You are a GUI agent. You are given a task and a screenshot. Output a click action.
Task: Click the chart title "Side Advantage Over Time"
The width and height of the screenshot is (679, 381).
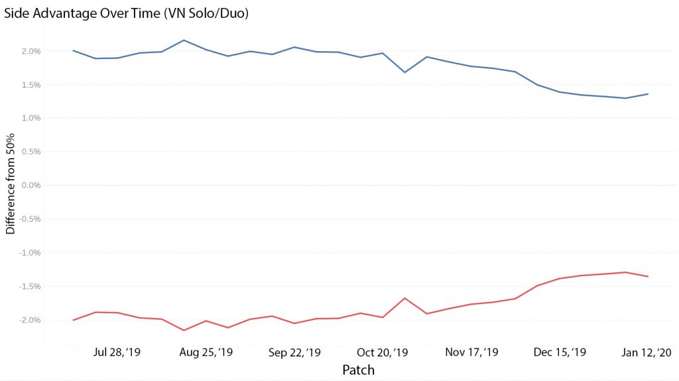point(82,13)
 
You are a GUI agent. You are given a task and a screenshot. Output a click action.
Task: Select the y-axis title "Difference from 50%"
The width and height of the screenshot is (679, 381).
point(11,184)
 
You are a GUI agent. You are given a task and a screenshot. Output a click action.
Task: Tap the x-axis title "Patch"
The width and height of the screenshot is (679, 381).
point(358,370)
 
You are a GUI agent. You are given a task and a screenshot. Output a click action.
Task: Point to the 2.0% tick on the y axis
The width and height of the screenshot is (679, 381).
point(31,51)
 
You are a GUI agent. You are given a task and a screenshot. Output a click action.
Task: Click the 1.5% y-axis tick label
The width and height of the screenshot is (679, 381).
point(31,85)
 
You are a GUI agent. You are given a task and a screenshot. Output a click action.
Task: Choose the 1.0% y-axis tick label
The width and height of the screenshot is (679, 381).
point(31,118)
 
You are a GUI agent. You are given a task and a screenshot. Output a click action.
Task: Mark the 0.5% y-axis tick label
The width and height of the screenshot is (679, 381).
point(31,152)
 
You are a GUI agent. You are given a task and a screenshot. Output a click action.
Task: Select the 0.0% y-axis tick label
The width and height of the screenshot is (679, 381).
point(31,185)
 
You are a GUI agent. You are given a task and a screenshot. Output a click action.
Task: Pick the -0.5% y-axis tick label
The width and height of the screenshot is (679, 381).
point(30,219)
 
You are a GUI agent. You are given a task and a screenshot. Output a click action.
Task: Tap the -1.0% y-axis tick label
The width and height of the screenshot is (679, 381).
point(30,253)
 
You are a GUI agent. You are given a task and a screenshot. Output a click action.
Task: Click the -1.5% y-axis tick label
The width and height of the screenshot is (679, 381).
point(30,287)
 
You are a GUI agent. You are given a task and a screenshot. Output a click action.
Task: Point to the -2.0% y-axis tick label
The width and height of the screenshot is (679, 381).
point(30,320)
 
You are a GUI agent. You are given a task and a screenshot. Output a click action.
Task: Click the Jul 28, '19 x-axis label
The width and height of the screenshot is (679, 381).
point(117,352)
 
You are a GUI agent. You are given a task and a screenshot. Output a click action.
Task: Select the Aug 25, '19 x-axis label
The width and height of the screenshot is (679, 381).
point(206,352)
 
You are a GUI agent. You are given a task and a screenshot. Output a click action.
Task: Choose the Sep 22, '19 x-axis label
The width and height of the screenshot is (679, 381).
point(294,352)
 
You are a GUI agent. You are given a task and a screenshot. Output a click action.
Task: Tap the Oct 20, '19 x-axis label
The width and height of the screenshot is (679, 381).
point(383,352)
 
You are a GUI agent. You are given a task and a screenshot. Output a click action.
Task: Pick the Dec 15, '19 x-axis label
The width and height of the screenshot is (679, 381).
point(560,352)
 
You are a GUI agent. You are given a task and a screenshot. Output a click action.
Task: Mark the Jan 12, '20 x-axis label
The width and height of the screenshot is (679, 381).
point(647,352)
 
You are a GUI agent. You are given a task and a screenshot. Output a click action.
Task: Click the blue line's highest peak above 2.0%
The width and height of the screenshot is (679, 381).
point(184,40)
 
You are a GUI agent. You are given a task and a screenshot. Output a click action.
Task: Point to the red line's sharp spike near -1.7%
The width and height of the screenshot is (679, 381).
point(405,298)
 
